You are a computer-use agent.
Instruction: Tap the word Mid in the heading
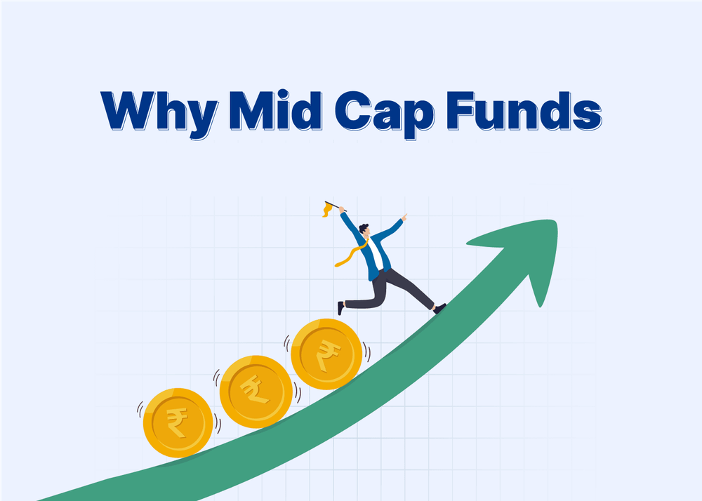point(275,110)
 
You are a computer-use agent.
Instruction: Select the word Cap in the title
point(385,114)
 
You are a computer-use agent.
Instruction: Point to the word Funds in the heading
point(524,110)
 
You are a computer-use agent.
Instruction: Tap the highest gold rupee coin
point(326,354)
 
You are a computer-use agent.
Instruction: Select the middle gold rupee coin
point(256,392)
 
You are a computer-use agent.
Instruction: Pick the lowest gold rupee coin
point(178,422)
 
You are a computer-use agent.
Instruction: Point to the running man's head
point(364,230)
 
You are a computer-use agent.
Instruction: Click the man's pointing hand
point(404,217)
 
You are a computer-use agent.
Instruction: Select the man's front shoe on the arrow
point(440,308)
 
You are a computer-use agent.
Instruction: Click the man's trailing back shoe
point(340,308)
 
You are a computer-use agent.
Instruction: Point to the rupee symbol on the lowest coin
point(178,422)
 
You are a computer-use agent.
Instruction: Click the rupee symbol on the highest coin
point(328,354)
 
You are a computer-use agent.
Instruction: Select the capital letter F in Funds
point(460,110)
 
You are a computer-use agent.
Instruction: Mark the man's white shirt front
point(375,253)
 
